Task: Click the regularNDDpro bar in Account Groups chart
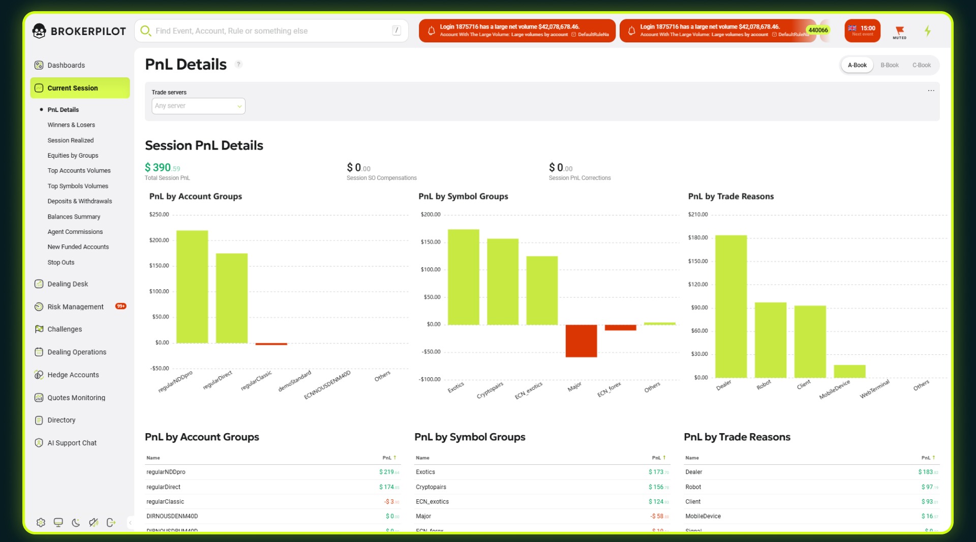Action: coord(192,287)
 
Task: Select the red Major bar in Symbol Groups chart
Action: coord(581,341)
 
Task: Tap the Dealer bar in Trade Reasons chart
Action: coord(730,306)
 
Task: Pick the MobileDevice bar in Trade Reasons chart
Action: coord(849,371)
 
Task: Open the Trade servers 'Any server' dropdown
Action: coord(198,106)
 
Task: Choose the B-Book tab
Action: coord(889,65)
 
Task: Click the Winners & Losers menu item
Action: coord(71,125)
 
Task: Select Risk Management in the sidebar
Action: coord(75,307)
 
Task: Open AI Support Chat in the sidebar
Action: coord(72,443)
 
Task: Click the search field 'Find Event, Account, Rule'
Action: coord(269,31)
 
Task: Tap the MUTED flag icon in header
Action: coord(899,31)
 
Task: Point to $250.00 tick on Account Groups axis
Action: coord(159,215)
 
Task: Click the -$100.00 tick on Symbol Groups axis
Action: coord(430,379)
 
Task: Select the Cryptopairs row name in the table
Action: coord(431,487)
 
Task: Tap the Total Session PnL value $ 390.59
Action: coord(162,168)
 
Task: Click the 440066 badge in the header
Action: coord(818,30)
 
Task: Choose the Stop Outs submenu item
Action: coord(61,262)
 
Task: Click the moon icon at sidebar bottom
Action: coord(76,523)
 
